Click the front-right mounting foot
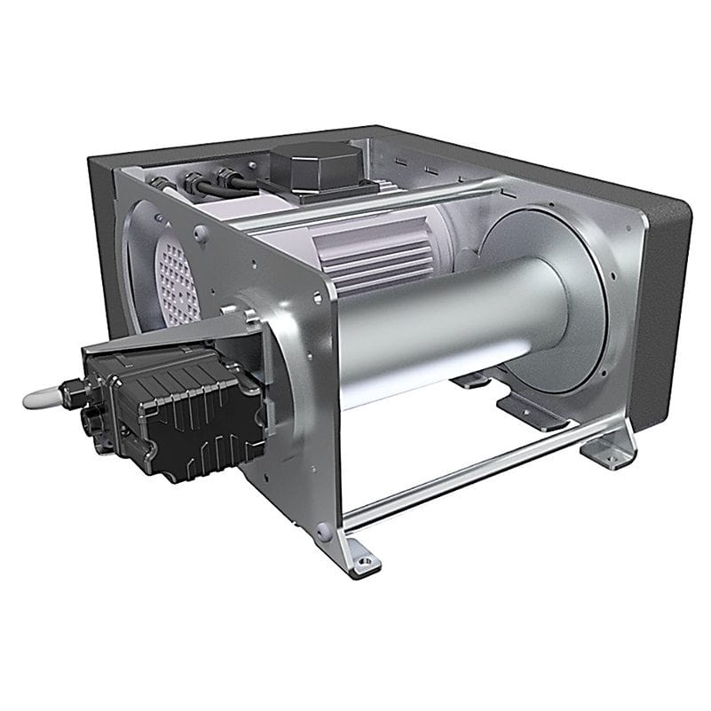pos(610,453)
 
